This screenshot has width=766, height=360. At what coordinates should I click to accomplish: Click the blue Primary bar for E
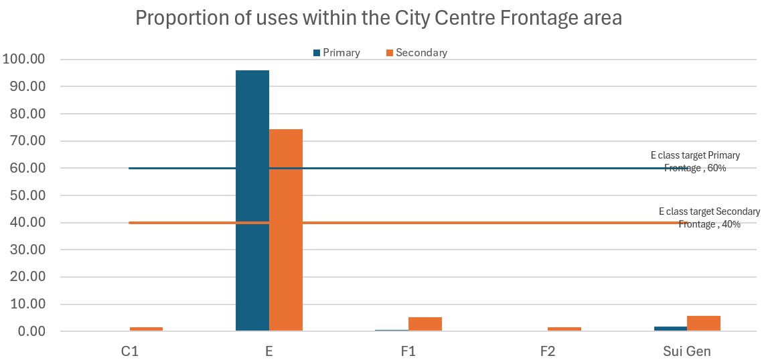[x=252, y=200]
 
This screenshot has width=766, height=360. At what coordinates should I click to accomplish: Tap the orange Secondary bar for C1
[x=146, y=329]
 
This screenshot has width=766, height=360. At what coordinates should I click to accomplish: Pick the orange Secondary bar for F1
[x=425, y=324]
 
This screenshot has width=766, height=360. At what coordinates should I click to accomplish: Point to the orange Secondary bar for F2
[x=564, y=329]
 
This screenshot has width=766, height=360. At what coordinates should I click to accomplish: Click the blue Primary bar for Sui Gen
[x=670, y=329]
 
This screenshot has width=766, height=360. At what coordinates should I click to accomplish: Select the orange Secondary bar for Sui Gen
[x=704, y=323]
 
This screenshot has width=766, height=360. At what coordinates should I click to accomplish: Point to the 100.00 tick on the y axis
[x=24, y=60]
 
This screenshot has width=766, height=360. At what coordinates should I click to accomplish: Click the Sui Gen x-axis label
[x=687, y=351]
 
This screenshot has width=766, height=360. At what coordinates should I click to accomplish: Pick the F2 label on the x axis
[x=548, y=351]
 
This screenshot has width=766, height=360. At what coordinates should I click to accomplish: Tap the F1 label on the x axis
[x=408, y=351]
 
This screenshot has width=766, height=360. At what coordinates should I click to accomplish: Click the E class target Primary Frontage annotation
[x=695, y=161]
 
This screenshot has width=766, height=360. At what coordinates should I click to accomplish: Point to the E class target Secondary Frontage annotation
[x=709, y=217]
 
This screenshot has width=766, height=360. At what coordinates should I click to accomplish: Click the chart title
[x=379, y=18]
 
